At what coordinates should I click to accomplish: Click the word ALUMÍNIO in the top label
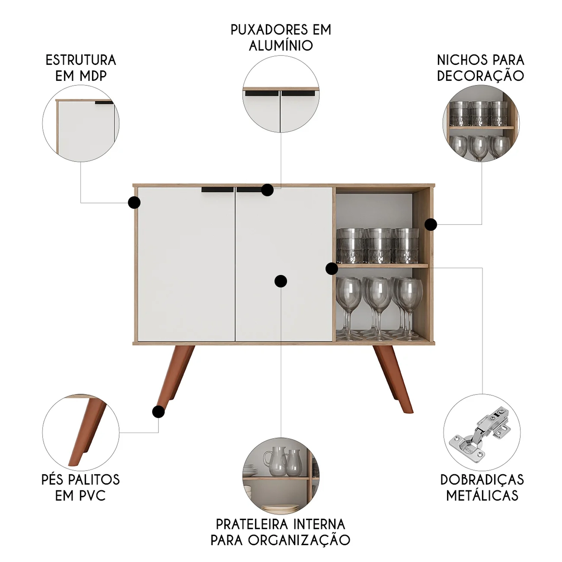(281, 45)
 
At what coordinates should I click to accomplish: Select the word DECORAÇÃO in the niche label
(481, 75)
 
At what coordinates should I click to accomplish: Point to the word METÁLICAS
(482, 495)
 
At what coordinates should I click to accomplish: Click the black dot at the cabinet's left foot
(158, 412)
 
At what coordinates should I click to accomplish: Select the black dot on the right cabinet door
(281, 281)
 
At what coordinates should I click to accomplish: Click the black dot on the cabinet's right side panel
(431, 224)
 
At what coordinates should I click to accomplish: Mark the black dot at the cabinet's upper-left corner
(134, 203)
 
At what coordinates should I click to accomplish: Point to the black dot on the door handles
(267, 190)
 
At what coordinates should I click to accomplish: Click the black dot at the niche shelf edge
(332, 269)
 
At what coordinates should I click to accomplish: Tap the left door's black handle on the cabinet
(217, 190)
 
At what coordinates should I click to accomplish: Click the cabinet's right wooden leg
(393, 378)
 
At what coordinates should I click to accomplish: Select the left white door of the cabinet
(186, 264)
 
